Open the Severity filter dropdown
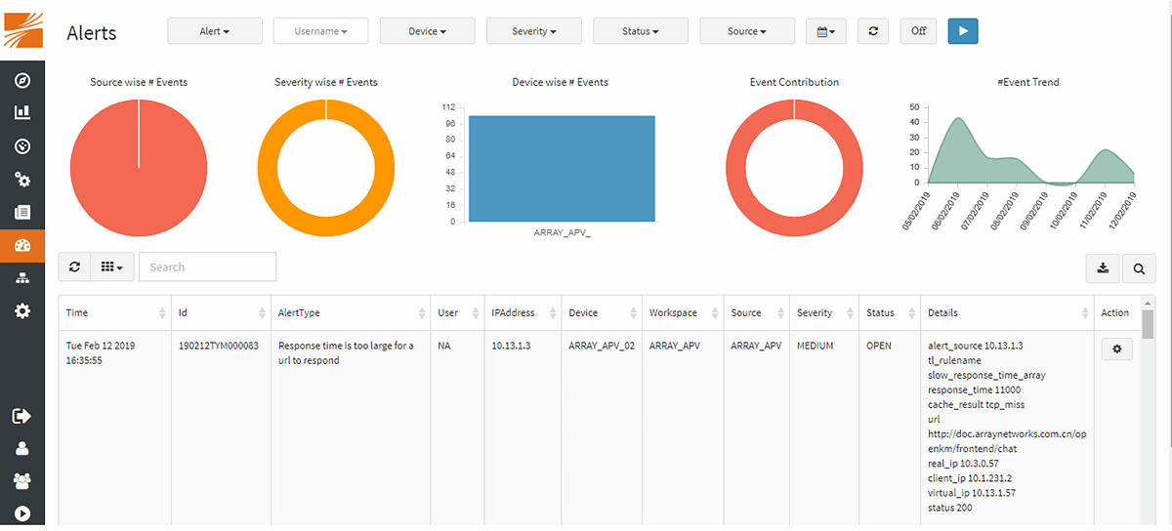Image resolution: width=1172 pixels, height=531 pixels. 533,31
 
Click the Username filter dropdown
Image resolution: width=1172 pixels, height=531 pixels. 320,31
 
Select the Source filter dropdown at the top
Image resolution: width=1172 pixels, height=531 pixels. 747,31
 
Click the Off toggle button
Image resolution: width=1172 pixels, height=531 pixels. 918,31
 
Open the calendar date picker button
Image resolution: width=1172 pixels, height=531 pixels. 825,31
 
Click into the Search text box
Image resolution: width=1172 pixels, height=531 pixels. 207,266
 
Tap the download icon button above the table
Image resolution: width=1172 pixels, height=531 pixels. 1103,267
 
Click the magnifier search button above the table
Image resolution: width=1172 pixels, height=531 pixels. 1139,267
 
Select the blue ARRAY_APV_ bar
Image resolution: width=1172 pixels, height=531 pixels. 562,168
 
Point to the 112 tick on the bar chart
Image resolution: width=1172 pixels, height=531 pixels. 448,106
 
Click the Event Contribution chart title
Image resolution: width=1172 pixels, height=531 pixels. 794,82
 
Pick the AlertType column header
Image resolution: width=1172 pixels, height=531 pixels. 299,313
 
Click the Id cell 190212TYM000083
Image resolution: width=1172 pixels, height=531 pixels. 219,346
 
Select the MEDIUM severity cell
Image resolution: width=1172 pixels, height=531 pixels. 815,346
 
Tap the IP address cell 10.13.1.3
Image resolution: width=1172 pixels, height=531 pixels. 511,346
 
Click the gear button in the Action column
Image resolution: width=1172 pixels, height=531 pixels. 1116,348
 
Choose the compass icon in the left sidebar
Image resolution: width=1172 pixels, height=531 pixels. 22,81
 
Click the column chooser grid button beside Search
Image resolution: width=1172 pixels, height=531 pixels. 111,266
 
